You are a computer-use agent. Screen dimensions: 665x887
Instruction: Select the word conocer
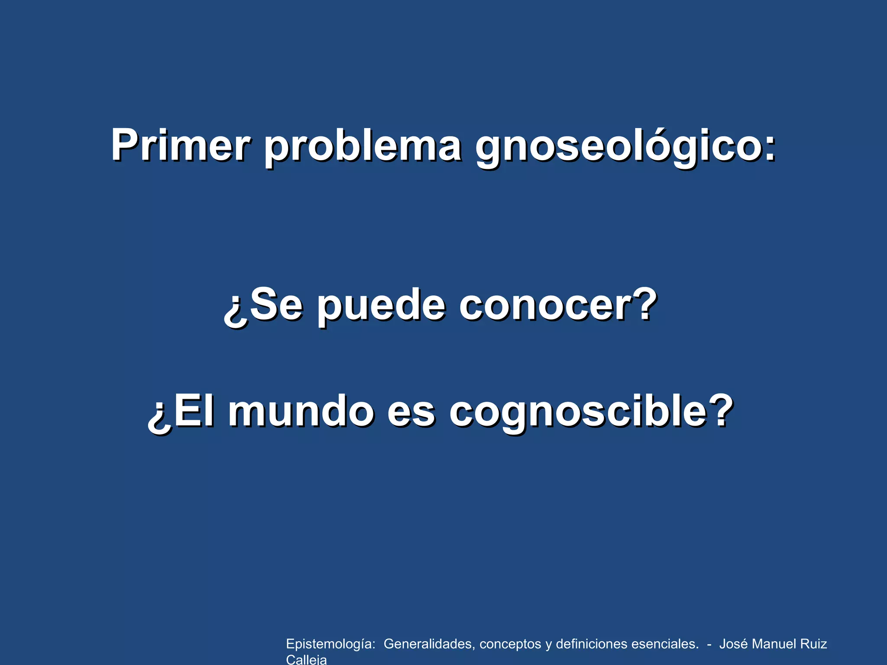(x=541, y=306)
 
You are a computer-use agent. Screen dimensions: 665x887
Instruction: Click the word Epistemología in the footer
(x=330, y=644)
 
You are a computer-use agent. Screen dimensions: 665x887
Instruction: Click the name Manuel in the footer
(x=773, y=644)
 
